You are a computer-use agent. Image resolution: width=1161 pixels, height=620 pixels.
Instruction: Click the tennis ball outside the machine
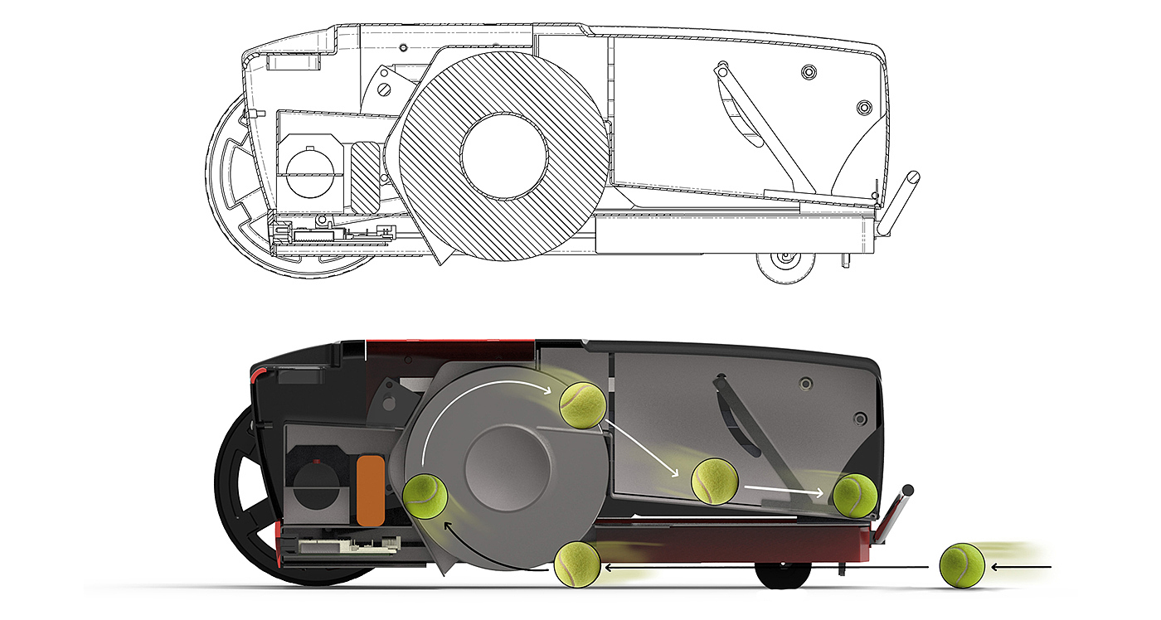[x=961, y=566]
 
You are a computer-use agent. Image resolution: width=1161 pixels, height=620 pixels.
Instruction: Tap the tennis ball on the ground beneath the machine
[x=576, y=564]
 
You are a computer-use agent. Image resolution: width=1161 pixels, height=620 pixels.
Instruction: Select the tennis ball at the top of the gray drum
[x=583, y=404]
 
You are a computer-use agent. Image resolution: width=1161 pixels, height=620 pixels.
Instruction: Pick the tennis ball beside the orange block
[x=425, y=497]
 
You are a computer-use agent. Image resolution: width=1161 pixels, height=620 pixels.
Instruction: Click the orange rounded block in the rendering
[x=370, y=489]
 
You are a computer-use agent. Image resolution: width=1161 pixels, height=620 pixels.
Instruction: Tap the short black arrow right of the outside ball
[x=1020, y=568]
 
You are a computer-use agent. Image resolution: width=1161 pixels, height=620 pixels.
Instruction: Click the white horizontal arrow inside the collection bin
[x=784, y=491]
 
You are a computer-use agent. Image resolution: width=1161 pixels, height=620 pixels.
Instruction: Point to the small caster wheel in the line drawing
[x=784, y=265]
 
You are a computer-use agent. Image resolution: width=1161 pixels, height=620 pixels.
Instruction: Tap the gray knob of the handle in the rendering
[x=908, y=490]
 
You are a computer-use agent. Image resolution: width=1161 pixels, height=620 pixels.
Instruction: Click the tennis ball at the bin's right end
[x=854, y=496]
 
